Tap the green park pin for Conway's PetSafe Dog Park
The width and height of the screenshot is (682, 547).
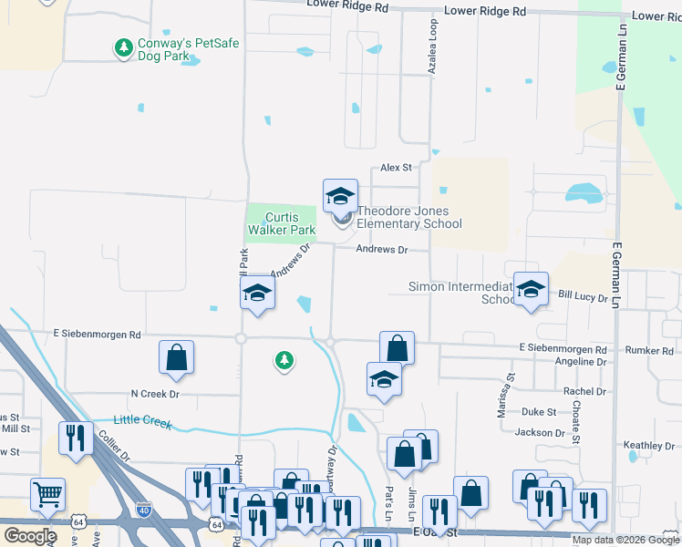click(123, 46)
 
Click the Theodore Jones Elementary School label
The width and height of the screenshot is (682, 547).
click(408, 218)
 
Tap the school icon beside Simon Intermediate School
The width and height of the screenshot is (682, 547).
click(531, 290)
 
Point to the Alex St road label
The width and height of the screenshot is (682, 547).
click(397, 168)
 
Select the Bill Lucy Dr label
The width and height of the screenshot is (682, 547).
click(583, 296)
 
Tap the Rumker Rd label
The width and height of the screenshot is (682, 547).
click(649, 350)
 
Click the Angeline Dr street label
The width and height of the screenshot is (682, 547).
click(582, 362)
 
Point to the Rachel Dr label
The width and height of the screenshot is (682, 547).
click(584, 391)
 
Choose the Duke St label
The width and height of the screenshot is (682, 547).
click(538, 412)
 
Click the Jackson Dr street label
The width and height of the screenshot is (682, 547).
click(540, 433)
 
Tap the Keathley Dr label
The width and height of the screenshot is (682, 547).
click(648, 446)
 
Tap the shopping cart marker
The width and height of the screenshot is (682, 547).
click(47, 495)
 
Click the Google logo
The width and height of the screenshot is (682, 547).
click(30, 536)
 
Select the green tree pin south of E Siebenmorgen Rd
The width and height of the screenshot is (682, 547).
click(284, 361)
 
